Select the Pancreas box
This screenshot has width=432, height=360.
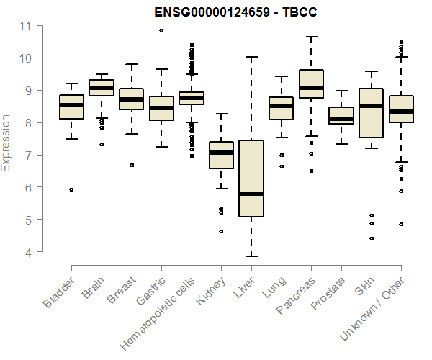coord(311,84)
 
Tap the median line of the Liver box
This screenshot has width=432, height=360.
coord(251,194)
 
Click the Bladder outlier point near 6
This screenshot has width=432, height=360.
coord(71,189)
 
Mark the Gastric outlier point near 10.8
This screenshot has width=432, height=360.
coord(161,30)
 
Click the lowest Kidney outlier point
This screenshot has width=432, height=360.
coord(221,231)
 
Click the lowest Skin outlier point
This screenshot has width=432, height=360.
coord(372,238)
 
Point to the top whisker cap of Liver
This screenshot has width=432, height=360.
coord(251,57)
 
